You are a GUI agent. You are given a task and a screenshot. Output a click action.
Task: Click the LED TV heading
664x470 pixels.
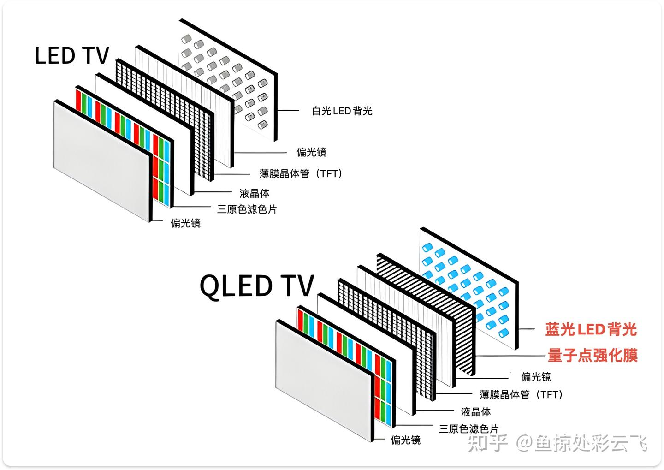pos(72,56)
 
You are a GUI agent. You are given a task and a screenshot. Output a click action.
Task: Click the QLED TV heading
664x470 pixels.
pos(256,286)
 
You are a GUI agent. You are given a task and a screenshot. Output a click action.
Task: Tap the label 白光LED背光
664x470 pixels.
pos(342,111)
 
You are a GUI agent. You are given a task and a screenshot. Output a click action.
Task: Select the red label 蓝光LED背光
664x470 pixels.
pos(591,329)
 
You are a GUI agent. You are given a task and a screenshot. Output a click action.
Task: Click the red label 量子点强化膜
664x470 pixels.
pos(593,356)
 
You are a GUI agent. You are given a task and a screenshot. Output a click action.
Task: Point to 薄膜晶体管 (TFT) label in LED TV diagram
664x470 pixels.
pos(301,174)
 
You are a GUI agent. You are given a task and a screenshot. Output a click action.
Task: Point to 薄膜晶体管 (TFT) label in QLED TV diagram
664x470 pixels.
pos(521,394)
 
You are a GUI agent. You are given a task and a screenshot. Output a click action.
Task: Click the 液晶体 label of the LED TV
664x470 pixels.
pos(254,193)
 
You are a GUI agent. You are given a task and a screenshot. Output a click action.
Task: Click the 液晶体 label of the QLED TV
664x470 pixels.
pos(475,411)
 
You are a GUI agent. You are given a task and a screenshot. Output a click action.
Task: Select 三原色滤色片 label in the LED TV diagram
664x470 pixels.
pos(247,209)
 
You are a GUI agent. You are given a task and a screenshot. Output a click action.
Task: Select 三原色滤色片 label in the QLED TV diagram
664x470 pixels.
pos(468,428)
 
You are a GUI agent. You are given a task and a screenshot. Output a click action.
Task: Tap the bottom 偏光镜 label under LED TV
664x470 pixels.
pos(185,223)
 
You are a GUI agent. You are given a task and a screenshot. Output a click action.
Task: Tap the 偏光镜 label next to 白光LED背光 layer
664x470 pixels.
pos(311,152)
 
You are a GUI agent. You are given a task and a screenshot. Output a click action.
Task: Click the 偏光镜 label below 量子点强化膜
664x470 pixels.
pos(536,377)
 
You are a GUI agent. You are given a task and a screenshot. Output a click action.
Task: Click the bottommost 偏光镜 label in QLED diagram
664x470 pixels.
pos(406,440)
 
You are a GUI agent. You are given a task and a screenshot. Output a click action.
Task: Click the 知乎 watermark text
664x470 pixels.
pos(488,443)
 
